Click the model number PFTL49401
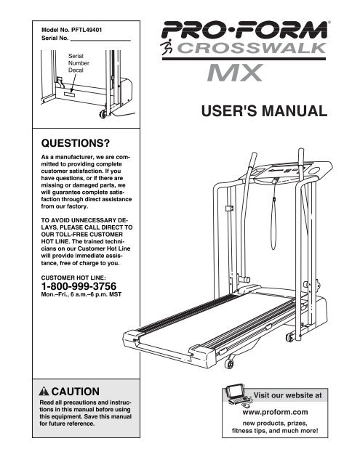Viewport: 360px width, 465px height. (x=87, y=30)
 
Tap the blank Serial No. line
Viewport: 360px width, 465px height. (x=100, y=40)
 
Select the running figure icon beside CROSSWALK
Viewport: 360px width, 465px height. (x=167, y=46)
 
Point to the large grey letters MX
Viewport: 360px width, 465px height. (x=235, y=73)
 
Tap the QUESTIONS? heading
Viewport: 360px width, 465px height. (x=76, y=143)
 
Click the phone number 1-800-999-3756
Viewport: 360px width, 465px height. (x=79, y=286)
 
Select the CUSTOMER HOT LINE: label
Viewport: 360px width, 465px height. (x=73, y=278)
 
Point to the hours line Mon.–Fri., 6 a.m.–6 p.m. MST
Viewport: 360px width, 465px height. (x=81, y=295)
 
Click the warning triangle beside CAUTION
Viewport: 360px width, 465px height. (x=44, y=392)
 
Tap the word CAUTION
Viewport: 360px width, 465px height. (x=76, y=392)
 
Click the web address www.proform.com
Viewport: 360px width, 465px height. (x=275, y=412)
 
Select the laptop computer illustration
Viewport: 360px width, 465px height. (x=237, y=395)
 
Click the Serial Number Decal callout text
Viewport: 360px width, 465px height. (x=79, y=63)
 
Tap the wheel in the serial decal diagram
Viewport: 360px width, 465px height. (x=103, y=114)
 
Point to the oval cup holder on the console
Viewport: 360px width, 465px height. (x=314, y=171)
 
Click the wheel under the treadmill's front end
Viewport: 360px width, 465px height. (x=228, y=363)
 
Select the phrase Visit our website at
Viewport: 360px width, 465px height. (x=287, y=395)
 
